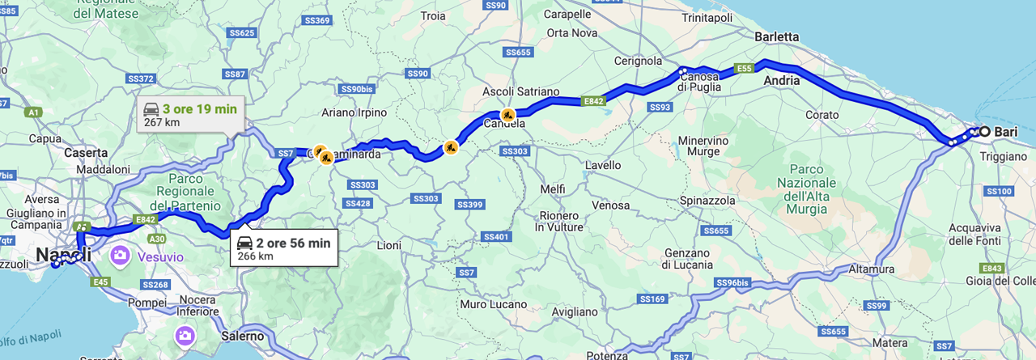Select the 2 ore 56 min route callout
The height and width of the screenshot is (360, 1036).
click(x=283, y=248)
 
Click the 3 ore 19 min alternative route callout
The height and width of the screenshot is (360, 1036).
click(x=187, y=115)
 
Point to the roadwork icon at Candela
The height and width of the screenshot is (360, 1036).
click(x=508, y=115)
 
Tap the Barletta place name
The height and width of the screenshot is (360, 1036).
click(x=776, y=37)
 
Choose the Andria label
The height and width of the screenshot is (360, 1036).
click(x=781, y=81)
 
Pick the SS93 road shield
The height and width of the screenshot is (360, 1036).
click(x=660, y=107)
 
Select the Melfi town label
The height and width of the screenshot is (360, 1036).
click(x=553, y=188)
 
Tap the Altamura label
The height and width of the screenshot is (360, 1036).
click(x=872, y=269)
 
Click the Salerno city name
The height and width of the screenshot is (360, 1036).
click(x=242, y=336)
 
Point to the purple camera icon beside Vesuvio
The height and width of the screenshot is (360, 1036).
click(x=121, y=256)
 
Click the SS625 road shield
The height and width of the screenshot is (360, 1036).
click(x=242, y=33)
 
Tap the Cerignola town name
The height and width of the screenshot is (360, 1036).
click(x=639, y=61)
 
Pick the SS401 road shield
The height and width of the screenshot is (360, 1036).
click(x=495, y=236)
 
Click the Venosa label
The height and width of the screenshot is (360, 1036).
click(x=610, y=205)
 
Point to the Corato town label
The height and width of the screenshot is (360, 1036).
click(x=822, y=115)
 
